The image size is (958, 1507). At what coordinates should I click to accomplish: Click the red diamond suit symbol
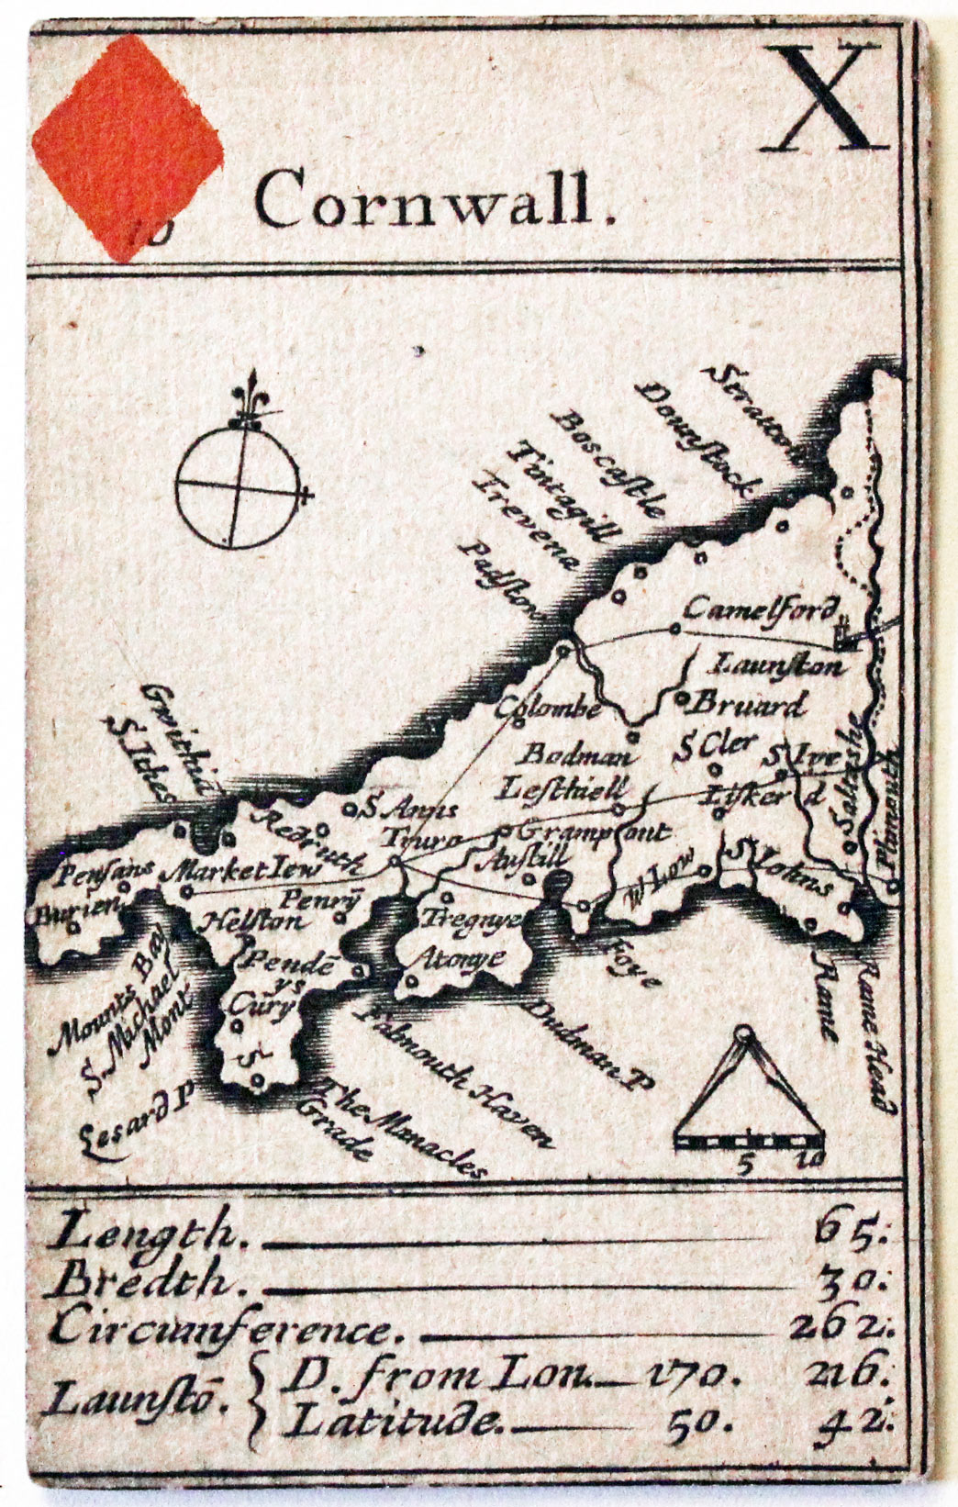coord(128,147)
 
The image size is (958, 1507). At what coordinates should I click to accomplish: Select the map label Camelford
coord(761,609)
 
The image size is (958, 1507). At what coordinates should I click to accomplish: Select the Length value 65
coord(849,1230)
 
